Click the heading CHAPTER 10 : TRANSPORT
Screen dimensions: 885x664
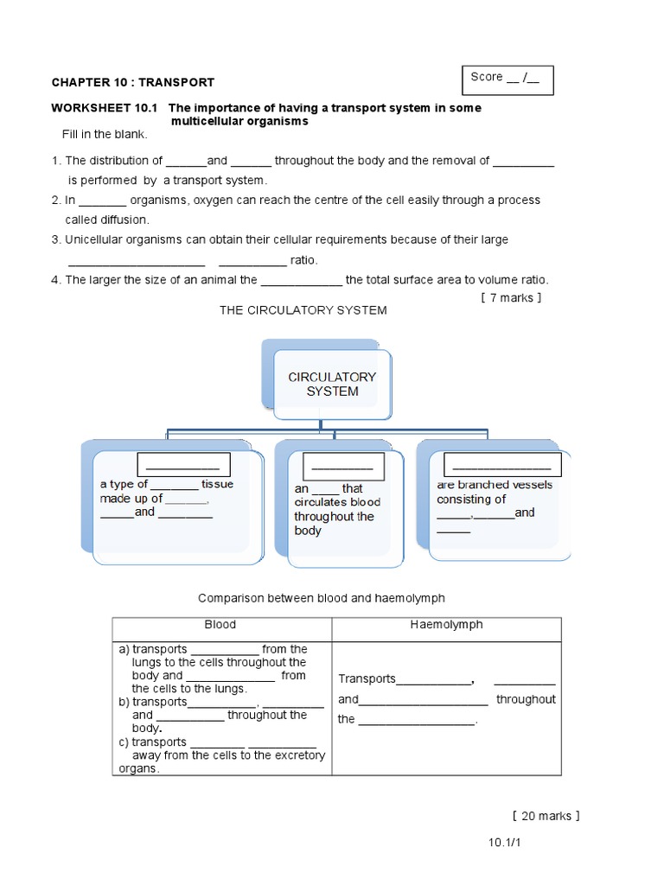[132, 82]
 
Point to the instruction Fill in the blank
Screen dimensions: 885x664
[105, 134]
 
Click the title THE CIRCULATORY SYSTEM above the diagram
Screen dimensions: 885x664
[303, 310]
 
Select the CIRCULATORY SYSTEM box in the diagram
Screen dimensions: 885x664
[332, 384]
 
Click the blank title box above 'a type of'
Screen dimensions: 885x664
[182, 465]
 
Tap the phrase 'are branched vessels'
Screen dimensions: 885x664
[495, 485]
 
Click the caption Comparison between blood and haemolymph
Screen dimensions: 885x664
[321, 598]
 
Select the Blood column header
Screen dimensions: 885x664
[220, 624]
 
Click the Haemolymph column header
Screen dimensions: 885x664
[446, 624]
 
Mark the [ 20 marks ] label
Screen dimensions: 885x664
[546, 816]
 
